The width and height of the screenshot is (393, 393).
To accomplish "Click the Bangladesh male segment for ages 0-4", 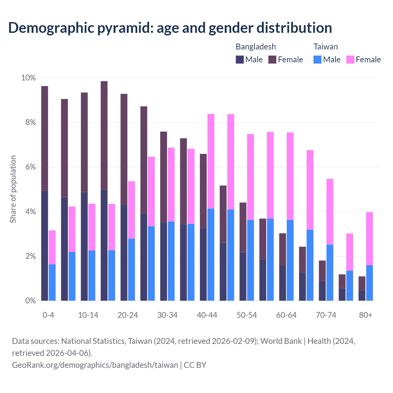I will point(45,246).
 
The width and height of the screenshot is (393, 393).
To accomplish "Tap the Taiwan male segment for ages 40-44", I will point(211,255).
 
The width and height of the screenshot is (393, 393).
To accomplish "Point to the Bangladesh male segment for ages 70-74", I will point(322,291).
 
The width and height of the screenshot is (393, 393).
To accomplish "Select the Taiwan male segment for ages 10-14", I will point(92,275).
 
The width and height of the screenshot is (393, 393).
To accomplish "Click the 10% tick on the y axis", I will point(28,78).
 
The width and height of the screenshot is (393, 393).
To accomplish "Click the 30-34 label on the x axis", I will point(167,315).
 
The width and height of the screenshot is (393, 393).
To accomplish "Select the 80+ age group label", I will point(366,315).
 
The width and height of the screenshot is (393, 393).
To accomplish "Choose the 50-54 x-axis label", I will point(247,315).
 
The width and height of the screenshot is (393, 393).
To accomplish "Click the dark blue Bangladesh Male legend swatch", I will point(240,60).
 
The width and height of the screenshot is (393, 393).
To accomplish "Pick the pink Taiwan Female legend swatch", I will point(350,60).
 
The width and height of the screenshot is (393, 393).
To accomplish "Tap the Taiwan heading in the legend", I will point(325,47).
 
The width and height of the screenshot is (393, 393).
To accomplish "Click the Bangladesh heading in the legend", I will point(256,47).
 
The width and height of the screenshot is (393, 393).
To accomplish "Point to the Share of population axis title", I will point(13,189).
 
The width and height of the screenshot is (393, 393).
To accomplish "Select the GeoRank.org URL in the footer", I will point(95,365).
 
